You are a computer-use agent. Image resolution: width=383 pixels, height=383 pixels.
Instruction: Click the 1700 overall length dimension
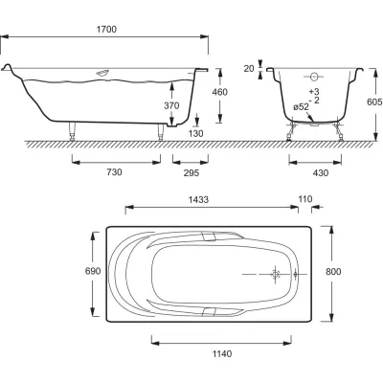pyautogui.click(x=106, y=30)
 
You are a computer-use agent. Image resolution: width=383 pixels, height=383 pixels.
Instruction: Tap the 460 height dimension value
pyautogui.click(x=220, y=92)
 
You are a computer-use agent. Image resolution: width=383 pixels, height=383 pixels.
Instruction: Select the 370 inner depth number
pyautogui.click(x=171, y=105)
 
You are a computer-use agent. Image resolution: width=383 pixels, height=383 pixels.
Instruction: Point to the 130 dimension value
pyautogui.click(x=195, y=133)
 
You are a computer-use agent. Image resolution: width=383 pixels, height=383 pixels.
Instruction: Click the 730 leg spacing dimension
pyautogui.click(x=114, y=172)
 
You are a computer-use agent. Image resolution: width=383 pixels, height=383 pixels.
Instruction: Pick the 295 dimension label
pyautogui.click(x=191, y=172)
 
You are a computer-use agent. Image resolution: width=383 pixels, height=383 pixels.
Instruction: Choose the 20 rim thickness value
pyautogui.click(x=249, y=68)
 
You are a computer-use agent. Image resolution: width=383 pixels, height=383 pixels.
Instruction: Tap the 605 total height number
pyautogui.click(x=374, y=102)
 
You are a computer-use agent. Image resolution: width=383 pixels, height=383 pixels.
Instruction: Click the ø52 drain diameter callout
pyautogui.click(x=302, y=107)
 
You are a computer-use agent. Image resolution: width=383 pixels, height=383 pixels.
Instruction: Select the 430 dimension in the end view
pyautogui.click(x=321, y=173)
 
